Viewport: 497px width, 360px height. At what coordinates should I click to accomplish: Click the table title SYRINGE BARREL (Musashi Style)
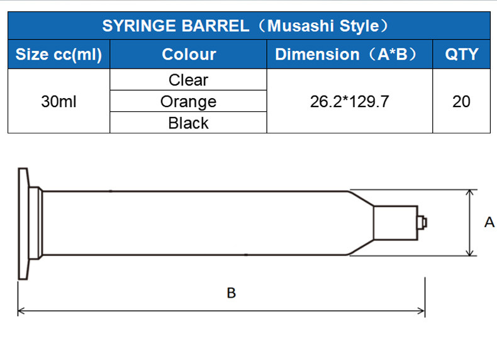249,26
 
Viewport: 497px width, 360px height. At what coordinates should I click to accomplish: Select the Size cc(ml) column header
59,55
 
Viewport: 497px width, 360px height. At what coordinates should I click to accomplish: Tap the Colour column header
188,55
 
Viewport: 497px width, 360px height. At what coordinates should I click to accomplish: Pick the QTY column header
461,55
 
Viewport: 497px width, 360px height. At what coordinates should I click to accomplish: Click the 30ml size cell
59,101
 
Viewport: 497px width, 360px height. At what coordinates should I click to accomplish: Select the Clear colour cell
188,80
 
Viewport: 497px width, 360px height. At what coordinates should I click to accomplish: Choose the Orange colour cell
188,101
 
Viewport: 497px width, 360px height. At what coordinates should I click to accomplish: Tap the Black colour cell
188,123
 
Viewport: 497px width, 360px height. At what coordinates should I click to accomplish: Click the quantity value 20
461,101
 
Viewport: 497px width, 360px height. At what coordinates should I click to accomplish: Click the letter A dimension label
489,222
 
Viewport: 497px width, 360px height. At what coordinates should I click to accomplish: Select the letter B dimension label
231,293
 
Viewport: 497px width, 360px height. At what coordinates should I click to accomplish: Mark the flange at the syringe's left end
23,223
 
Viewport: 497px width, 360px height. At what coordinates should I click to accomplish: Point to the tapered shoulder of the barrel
360,223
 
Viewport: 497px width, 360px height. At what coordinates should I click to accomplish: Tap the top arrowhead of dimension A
470,194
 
